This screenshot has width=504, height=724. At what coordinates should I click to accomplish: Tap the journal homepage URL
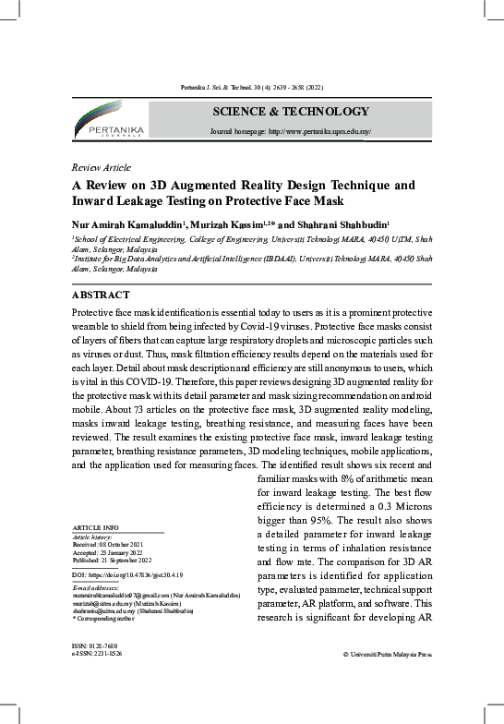pyautogui.click(x=291, y=132)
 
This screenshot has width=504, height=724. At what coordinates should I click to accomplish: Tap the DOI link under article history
pyautogui.click(x=126, y=574)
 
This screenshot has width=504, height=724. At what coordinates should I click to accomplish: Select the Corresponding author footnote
pyautogui.click(x=104, y=618)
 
